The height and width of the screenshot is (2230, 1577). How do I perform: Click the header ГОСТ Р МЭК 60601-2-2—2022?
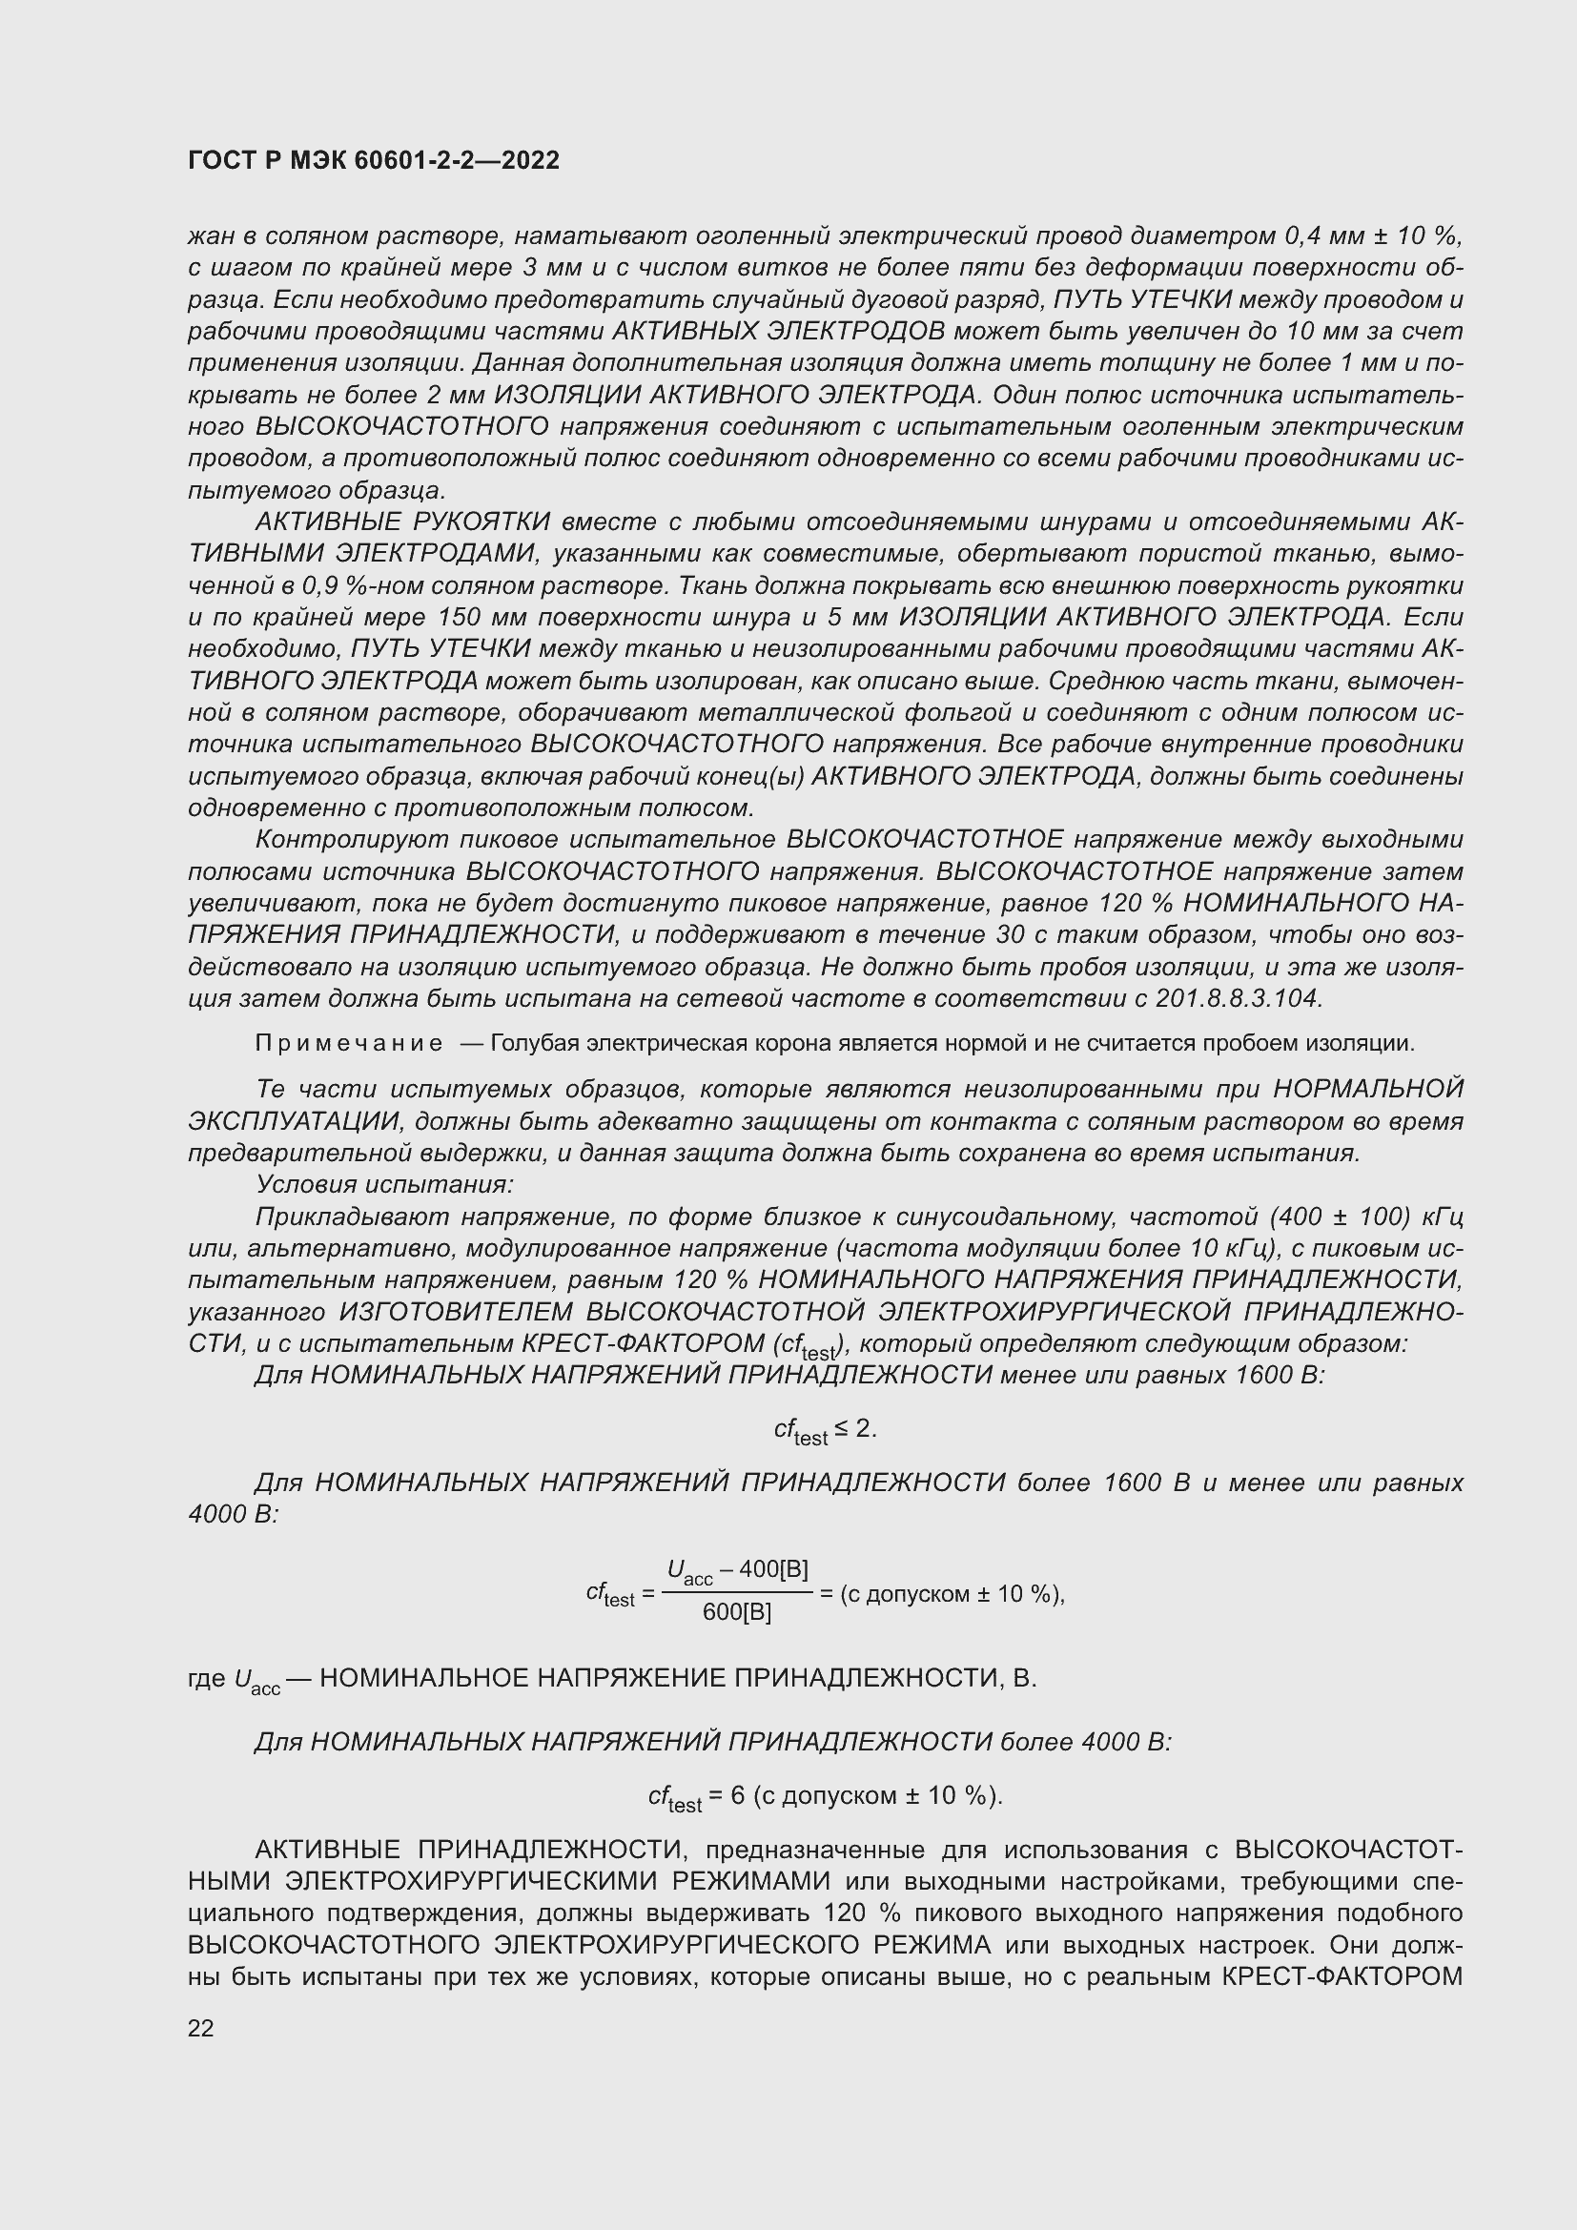(373, 161)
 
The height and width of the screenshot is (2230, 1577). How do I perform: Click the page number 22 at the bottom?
(201, 2028)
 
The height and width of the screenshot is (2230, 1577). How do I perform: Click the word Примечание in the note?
(349, 1043)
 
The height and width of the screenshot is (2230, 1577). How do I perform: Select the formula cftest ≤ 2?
(825, 1430)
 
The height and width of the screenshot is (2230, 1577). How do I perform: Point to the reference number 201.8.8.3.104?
(1239, 998)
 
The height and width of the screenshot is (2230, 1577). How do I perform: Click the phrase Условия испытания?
(384, 1185)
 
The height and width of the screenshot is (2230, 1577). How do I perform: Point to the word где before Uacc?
(207, 1678)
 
